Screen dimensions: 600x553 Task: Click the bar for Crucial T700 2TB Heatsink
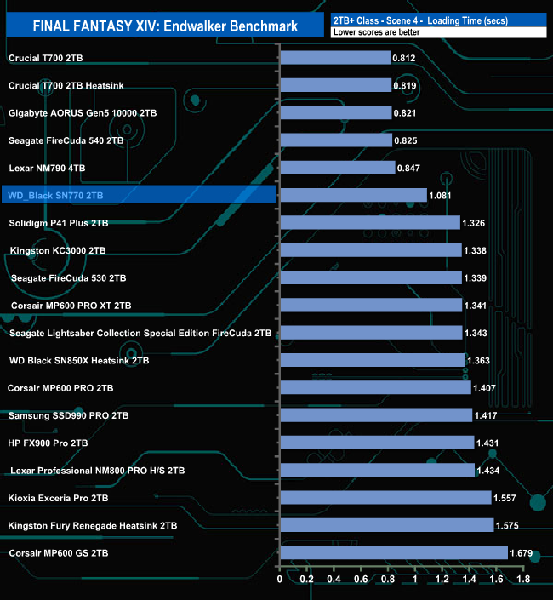(334, 85)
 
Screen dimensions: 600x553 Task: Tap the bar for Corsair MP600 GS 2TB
(393, 553)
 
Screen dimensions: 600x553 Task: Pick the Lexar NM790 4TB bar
(337, 168)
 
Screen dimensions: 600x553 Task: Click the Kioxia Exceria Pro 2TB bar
(385, 498)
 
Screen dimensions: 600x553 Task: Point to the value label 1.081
(440, 196)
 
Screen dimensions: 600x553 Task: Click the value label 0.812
(403, 58)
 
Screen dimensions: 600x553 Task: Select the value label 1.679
(521, 553)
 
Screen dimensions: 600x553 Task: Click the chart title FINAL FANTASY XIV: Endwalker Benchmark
(165, 26)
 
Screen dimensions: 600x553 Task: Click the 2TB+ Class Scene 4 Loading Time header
(430, 19)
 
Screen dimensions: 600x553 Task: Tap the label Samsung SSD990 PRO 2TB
(68, 416)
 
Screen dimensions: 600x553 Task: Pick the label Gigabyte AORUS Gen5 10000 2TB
(82, 112)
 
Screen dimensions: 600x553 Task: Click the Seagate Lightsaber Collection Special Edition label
(140, 333)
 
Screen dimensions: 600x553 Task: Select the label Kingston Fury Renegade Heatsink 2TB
(93, 526)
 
